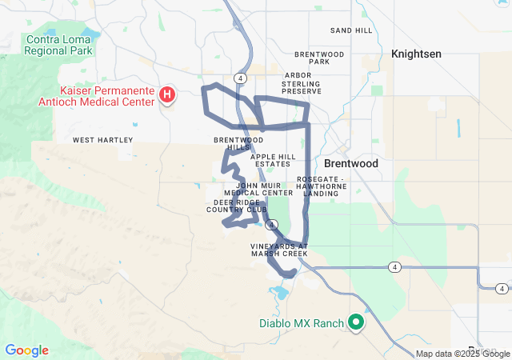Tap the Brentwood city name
(351, 162)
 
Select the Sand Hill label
(351, 30)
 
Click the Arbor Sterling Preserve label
(302, 83)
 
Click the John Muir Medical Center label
(258, 189)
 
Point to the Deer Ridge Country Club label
(237, 206)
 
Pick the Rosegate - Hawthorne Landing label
(320, 186)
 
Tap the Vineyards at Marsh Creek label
(278, 250)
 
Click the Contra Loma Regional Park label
(59, 45)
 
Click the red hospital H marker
(167, 96)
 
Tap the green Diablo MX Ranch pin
(356, 322)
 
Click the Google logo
(26, 350)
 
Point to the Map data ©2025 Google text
(462, 354)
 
